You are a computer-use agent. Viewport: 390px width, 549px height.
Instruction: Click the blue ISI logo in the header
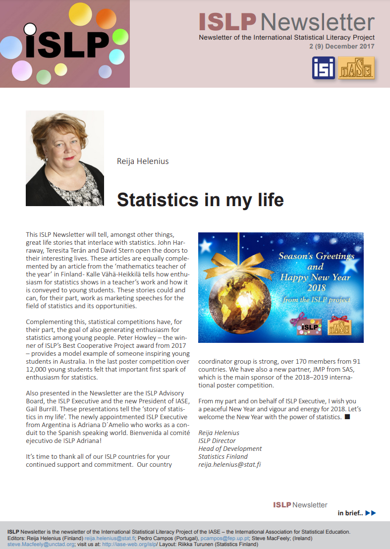click(324, 68)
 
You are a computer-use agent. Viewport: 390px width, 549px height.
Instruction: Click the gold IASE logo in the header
click(356, 68)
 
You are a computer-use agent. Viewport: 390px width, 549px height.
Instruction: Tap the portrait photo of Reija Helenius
click(65, 158)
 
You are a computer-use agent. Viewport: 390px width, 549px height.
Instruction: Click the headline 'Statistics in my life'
click(200, 199)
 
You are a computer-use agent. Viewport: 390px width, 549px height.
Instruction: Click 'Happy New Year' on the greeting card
click(315, 277)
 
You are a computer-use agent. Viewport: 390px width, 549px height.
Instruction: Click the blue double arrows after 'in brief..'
click(370, 513)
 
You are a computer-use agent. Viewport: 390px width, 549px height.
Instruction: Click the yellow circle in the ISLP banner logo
click(80, 14)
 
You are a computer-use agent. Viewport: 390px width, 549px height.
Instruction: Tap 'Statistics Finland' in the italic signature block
click(223, 456)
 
